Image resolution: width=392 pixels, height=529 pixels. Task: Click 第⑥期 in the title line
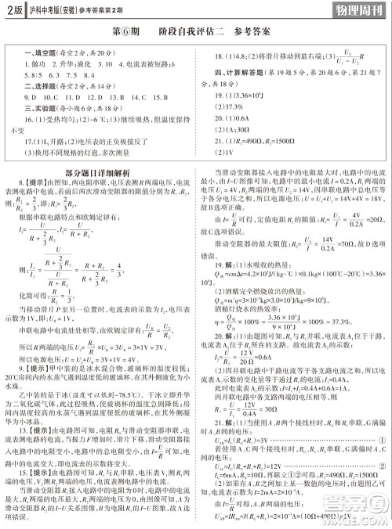pos(127,34)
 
